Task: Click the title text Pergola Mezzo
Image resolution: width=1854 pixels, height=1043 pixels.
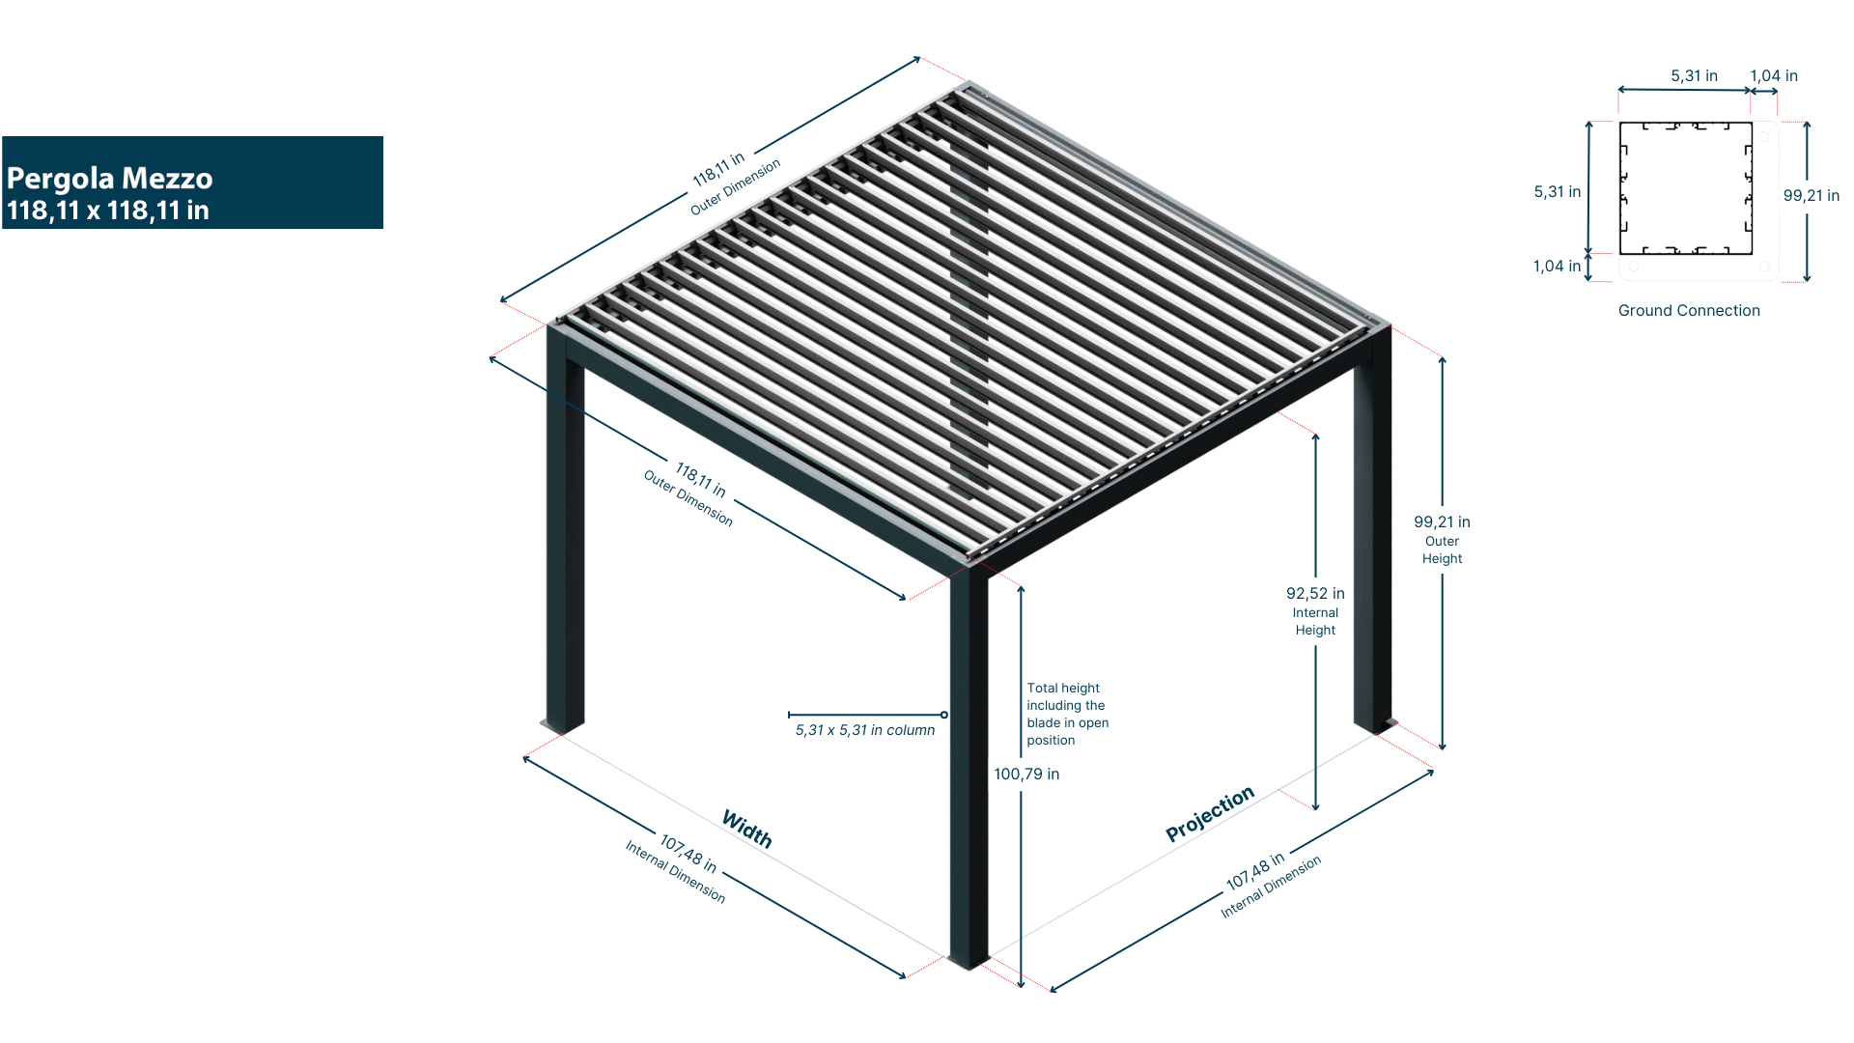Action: coord(109,179)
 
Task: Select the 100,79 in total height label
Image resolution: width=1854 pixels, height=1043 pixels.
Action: coord(1026,775)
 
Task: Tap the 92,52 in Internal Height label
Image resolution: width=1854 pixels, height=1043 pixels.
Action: coord(1315,610)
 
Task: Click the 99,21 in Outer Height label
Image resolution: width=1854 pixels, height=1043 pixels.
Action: coord(1442,539)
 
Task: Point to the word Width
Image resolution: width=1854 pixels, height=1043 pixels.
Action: coord(747,829)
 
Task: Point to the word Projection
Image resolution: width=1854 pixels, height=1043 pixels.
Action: coord(1210,813)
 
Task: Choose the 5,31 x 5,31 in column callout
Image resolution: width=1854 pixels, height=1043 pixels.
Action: coord(865,730)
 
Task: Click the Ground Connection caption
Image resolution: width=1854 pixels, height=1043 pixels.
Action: coord(1689,311)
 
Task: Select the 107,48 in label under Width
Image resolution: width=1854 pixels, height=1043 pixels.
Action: coord(688,854)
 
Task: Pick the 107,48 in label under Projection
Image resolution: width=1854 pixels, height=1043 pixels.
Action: coord(1254,870)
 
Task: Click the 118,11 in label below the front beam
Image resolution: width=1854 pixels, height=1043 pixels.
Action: coord(701,479)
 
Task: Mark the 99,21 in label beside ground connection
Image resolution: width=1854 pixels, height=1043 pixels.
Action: coord(1811,196)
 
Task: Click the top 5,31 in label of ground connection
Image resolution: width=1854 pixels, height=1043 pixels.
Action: coord(1694,76)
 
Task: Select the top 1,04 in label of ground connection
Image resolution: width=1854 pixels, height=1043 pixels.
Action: coord(1773,76)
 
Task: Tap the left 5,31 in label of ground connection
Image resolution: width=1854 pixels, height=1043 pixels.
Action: coord(1557,192)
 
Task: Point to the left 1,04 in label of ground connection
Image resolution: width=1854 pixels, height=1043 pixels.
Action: coord(1557,267)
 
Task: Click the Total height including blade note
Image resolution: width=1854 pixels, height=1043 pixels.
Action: coord(1066,715)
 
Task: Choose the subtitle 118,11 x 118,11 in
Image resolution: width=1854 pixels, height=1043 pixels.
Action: coord(108,211)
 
